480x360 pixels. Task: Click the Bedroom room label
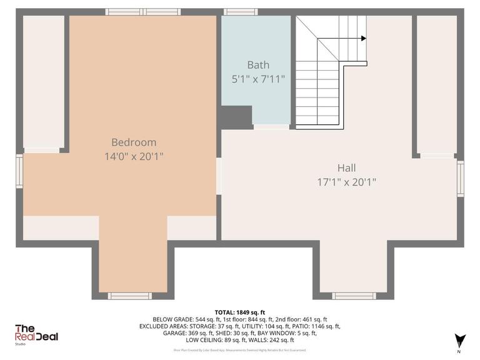pos(134,142)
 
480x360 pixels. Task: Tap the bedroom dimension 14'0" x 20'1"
pos(134,156)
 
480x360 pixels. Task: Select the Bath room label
pos(257,64)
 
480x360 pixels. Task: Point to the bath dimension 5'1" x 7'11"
pos(257,79)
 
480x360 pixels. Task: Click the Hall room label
pos(346,167)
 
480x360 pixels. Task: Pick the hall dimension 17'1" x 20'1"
pos(346,182)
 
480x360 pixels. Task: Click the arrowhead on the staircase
pos(363,38)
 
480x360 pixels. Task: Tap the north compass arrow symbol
pos(461,341)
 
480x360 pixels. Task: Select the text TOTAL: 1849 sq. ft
pos(240,312)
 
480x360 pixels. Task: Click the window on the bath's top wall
pos(241,11)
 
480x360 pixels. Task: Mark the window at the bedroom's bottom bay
pos(130,296)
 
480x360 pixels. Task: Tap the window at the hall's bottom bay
pos(353,296)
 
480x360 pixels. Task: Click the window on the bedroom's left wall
pos(19,172)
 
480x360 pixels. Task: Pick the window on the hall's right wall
pos(461,180)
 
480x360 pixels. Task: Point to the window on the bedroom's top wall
pos(143,11)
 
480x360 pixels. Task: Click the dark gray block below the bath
pos(235,117)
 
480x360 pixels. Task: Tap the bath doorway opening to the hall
pos(271,127)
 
